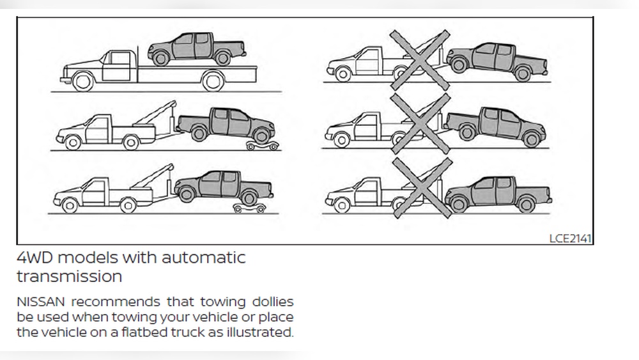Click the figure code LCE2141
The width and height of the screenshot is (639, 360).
click(570, 238)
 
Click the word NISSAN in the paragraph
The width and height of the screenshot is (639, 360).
click(38, 301)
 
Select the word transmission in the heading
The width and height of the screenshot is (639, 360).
click(69, 277)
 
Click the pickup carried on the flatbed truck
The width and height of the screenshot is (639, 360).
click(196, 48)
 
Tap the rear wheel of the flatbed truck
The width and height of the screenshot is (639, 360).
click(213, 81)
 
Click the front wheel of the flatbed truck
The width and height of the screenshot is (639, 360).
click(83, 81)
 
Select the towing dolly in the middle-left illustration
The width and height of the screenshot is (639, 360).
click(263, 146)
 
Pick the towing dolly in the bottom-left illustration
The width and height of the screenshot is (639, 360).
click(249, 207)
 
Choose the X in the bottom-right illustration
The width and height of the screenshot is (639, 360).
click(420, 187)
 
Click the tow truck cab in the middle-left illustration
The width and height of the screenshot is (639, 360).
click(97, 127)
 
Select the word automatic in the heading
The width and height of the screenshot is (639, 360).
click(203, 258)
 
